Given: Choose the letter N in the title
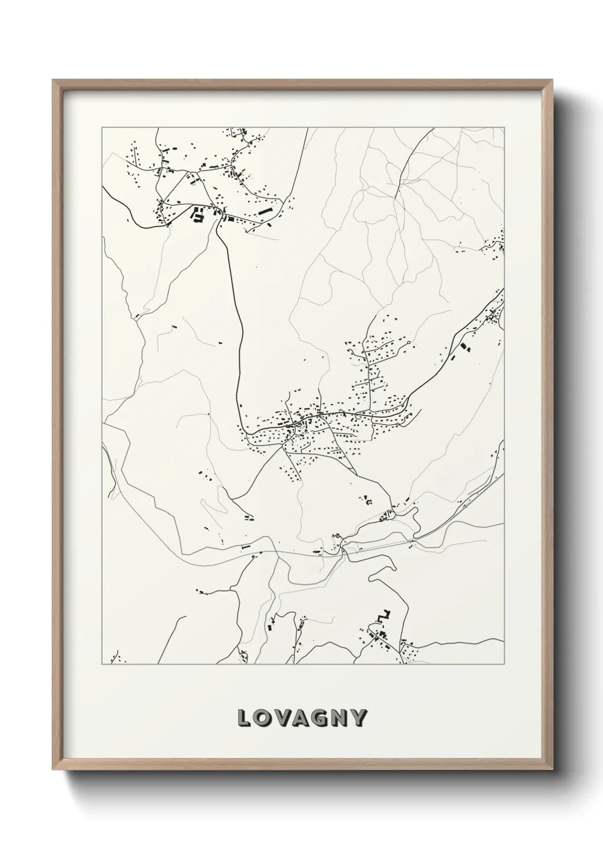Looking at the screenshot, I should [344, 719].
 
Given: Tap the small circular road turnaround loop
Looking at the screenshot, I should [409, 343].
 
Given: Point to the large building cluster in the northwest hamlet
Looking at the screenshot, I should [198, 216].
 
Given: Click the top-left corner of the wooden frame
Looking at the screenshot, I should [53, 80].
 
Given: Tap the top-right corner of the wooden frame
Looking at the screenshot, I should [552, 80].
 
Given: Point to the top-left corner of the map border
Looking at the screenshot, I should [102, 128].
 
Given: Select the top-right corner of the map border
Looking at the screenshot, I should [504, 128].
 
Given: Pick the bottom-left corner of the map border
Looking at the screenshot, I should [102, 664].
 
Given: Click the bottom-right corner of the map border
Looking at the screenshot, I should [504, 664].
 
